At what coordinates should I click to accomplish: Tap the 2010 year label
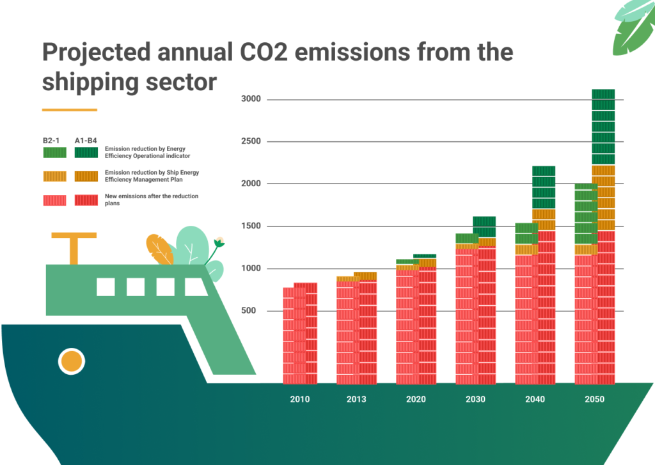click(299, 399)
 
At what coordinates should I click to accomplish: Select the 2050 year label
click(594, 399)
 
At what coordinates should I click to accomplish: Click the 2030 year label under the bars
click(475, 399)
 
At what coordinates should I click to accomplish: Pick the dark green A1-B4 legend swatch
click(86, 152)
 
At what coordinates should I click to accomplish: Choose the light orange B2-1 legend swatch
click(54, 176)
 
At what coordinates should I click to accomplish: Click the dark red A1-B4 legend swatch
click(86, 200)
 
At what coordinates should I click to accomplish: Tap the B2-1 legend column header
click(52, 139)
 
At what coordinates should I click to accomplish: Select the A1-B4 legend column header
click(86, 139)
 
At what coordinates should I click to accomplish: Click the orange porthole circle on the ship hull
click(72, 361)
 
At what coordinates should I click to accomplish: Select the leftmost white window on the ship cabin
click(106, 287)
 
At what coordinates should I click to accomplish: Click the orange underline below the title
click(69, 110)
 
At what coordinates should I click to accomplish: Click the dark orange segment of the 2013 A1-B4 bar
click(365, 276)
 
